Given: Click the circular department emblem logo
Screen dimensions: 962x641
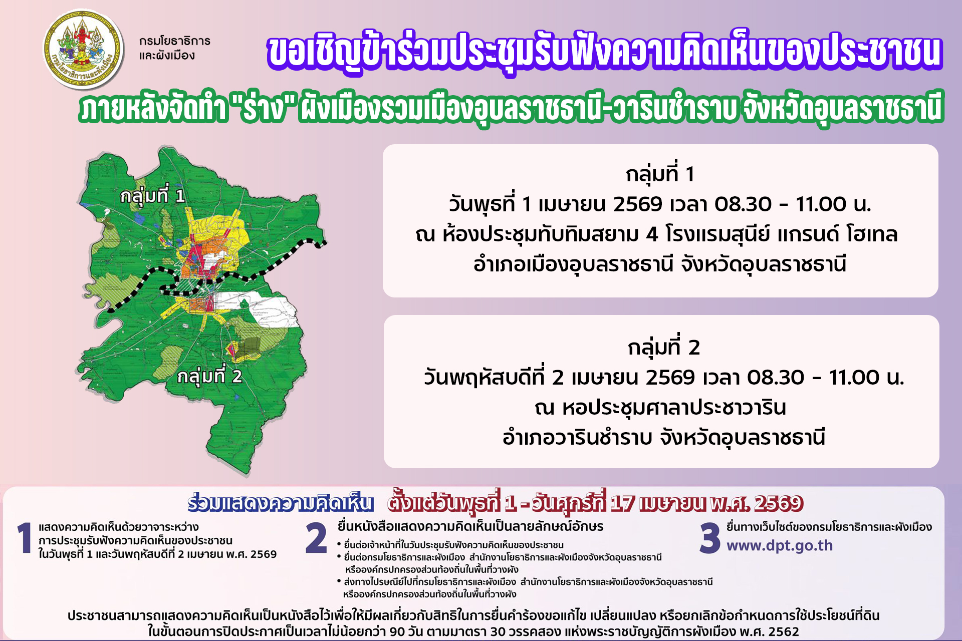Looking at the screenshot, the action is click(83, 49).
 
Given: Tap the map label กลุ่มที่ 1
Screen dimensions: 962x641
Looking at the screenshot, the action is click(152, 196).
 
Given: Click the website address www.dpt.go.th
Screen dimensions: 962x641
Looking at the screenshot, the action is click(780, 546).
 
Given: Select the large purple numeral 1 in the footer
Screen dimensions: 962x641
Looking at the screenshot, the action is click(24, 538).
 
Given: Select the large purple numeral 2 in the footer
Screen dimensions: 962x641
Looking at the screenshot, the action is click(316, 538).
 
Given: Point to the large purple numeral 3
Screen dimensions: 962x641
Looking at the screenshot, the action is click(710, 538).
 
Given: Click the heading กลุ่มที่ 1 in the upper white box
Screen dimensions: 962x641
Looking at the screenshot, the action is click(660, 174).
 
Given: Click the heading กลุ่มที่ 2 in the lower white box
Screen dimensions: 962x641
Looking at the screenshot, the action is click(663, 348).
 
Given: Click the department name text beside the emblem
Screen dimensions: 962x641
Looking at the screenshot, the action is click(174, 48).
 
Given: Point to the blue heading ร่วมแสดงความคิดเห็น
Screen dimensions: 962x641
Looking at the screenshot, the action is click(281, 503).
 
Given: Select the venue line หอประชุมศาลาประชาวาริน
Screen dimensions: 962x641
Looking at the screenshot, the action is click(660, 408).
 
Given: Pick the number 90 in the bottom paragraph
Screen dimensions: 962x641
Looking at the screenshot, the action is click(396, 631).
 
